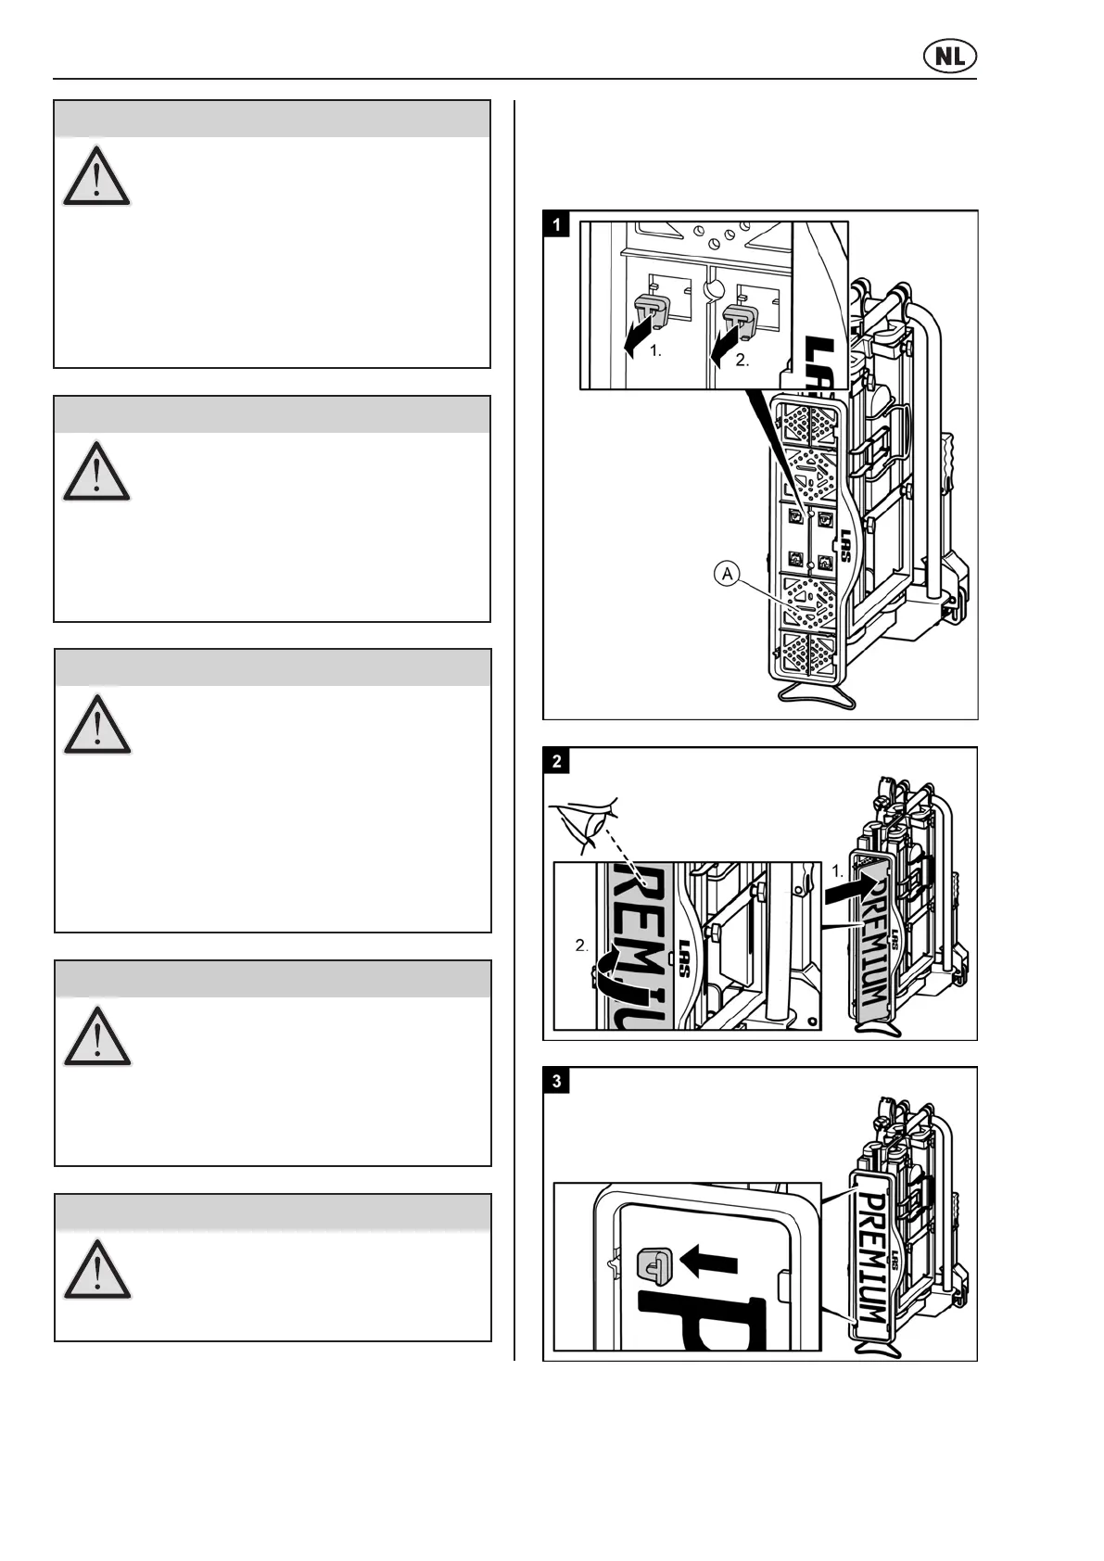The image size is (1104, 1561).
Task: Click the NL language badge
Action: [950, 57]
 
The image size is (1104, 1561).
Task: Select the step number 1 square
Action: [556, 224]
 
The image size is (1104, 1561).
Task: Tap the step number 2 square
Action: [556, 761]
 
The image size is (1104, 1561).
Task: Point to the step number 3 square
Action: [556, 1081]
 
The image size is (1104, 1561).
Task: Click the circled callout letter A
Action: [728, 575]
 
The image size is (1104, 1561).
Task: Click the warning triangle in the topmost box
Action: [96, 176]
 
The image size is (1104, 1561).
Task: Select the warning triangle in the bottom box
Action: [97, 1269]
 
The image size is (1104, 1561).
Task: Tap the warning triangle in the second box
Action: [96, 473]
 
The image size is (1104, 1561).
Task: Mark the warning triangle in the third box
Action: [97, 725]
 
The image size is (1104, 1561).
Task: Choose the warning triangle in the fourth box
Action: [97, 1036]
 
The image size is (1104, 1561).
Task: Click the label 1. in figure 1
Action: [655, 351]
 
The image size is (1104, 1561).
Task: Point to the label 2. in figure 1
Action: [742, 362]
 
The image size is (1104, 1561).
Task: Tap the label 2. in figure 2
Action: [581, 945]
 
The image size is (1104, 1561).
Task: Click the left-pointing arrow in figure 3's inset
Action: [708, 1262]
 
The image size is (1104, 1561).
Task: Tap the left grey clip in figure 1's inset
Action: [648, 315]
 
